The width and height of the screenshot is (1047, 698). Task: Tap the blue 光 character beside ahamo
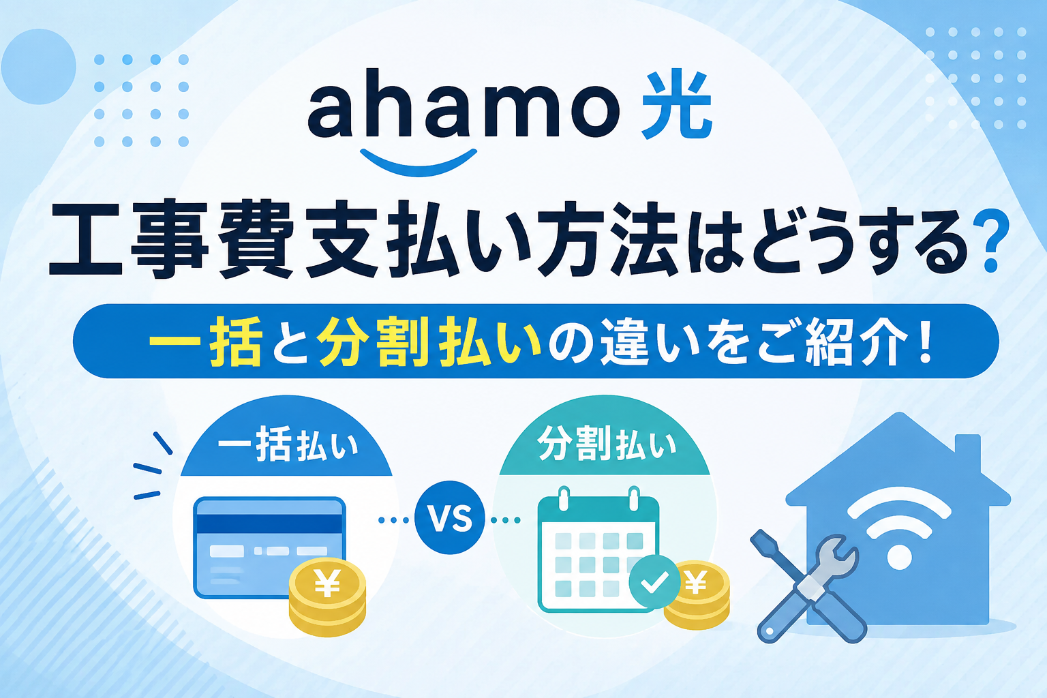(x=678, y=106)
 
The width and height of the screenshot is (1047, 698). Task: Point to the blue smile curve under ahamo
(x=419, y=162)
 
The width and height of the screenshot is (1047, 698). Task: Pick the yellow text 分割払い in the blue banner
(x=429, y=340)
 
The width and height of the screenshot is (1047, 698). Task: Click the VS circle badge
(x=449, y=518)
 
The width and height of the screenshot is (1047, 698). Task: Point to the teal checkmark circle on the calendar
(x=654, y=582)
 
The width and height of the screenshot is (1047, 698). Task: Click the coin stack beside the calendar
(x=697, y=596)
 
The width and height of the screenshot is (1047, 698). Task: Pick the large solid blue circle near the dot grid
(x=38, y=66)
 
